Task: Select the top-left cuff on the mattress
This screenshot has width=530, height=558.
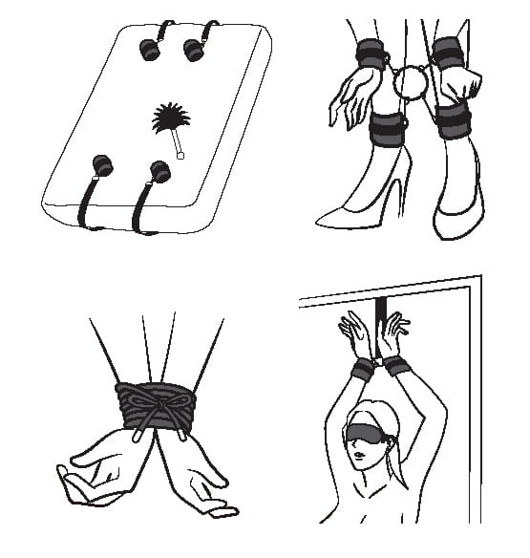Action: [150, 47]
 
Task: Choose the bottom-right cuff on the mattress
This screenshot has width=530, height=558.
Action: [159, 173]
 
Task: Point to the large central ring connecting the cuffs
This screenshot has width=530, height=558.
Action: [413, 83]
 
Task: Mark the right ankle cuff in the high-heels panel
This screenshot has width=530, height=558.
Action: [456, 122]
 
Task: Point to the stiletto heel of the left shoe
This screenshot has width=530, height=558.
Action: [399, 204]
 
